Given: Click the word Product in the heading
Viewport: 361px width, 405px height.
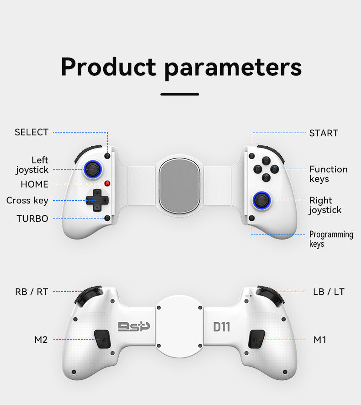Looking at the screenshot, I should pyautogui.click(x=108, y=67).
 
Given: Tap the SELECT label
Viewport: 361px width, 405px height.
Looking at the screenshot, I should pyautogui.click(x=31, y=132).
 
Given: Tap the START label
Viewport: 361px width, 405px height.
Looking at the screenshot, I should pyautogui.click(x=324, y=133).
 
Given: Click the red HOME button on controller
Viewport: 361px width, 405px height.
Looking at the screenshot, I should pyautogui.click(x=107, y=184).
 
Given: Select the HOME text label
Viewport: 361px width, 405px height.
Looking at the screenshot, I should pyautogui.click(x=34, y=184).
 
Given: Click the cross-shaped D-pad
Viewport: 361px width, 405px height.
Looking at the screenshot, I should pyautogui.click(x=97, y=200).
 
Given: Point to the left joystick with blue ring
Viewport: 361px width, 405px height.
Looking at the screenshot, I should pyautogui.click(x=92, y=170).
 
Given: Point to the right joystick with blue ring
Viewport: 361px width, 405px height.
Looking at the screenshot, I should pyautogui.click(x=262, y=199).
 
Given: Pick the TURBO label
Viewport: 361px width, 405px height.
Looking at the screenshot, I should pyautogui.click(x=32, y=218).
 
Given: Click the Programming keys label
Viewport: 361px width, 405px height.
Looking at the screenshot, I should pyautogui.click(x=331, y=239).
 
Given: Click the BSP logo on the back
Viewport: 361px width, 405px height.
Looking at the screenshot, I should pyautogui.click(x=133, y=326).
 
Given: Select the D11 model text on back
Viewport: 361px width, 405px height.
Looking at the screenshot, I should pyautogui.click(x=222, y=327).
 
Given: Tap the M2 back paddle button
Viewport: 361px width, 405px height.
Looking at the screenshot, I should pyautogui.click(x=103, y=340).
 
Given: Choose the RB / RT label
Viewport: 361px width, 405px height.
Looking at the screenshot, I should pyautogui.click(x=31, y=292).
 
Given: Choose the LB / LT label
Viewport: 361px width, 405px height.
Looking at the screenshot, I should pyautogui.click(x=329, y=292).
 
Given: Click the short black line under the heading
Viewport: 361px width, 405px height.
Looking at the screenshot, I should pyautogui.click(x=180, y=95).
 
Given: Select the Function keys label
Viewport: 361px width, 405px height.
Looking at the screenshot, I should pyautogui.click(x=328, y=174).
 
